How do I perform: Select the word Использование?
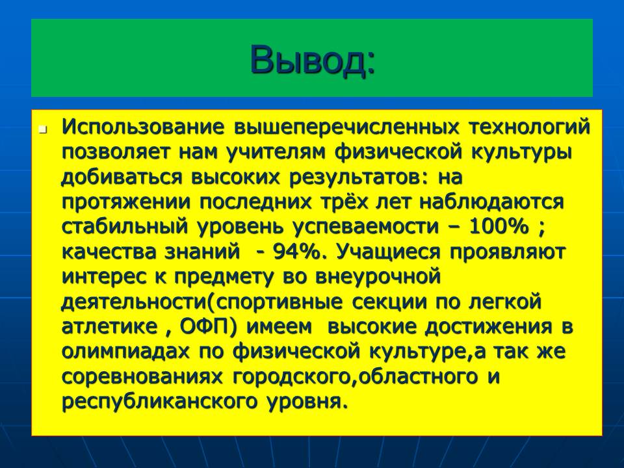[x=142, y=127]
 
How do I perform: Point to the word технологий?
[x=529, y=127]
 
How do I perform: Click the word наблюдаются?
[x=491, y=203]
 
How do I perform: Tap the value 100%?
[x=499, y=227]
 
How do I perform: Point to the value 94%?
[x=297, y=252]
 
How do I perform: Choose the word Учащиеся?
[x=389, y=252]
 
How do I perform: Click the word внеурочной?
[x=378, y=278]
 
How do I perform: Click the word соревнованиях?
[x=142, y=376]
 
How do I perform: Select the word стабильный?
[x=124, y=226]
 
